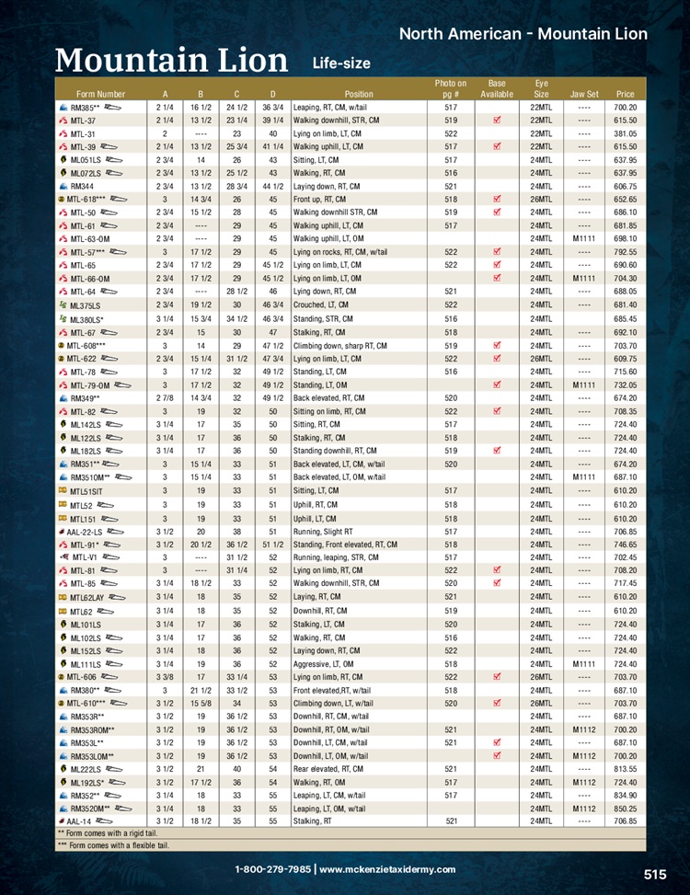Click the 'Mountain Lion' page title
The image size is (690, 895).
coord(171,60)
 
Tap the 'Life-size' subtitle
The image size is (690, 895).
coord(341,63)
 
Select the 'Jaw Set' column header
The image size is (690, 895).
coord(584,94)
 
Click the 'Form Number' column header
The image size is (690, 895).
coord(101,94)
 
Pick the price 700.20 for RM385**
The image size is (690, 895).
coord(626,108)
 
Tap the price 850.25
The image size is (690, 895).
coord(626,809)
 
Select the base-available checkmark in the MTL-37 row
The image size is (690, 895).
coord(496,120)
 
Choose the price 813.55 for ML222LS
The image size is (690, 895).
coord(626,768)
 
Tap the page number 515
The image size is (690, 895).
coord(654,875)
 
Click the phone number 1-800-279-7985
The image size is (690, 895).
coord(273,869)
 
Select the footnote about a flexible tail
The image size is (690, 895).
coord(113,845)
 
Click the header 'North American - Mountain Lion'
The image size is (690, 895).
coord(523,34)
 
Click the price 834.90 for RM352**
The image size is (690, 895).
coord(626,795)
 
